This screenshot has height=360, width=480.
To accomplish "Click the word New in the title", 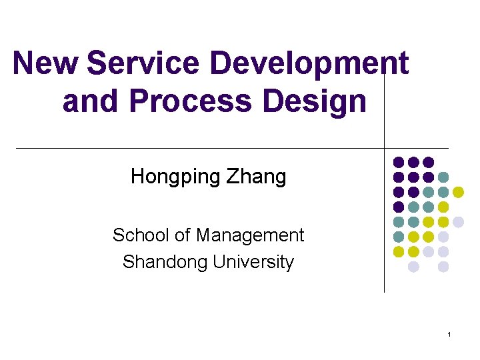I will coord(46,64).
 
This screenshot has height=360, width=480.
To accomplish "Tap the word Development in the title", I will coord(309,64).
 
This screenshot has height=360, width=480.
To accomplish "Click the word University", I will coord(253,262).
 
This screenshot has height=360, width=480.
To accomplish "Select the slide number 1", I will coord(450,334).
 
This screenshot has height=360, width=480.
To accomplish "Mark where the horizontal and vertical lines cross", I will coord(385,148).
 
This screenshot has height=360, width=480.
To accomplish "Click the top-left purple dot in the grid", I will coord(399,162).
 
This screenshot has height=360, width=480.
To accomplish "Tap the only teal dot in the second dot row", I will coord(443,177).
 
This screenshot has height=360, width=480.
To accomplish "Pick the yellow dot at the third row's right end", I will coord(459,192).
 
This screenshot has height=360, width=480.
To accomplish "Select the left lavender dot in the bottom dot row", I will coord(413,267).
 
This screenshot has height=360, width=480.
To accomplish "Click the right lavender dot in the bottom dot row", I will coord(443,267).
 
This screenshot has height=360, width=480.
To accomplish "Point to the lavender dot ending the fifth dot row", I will coord(459,222).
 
